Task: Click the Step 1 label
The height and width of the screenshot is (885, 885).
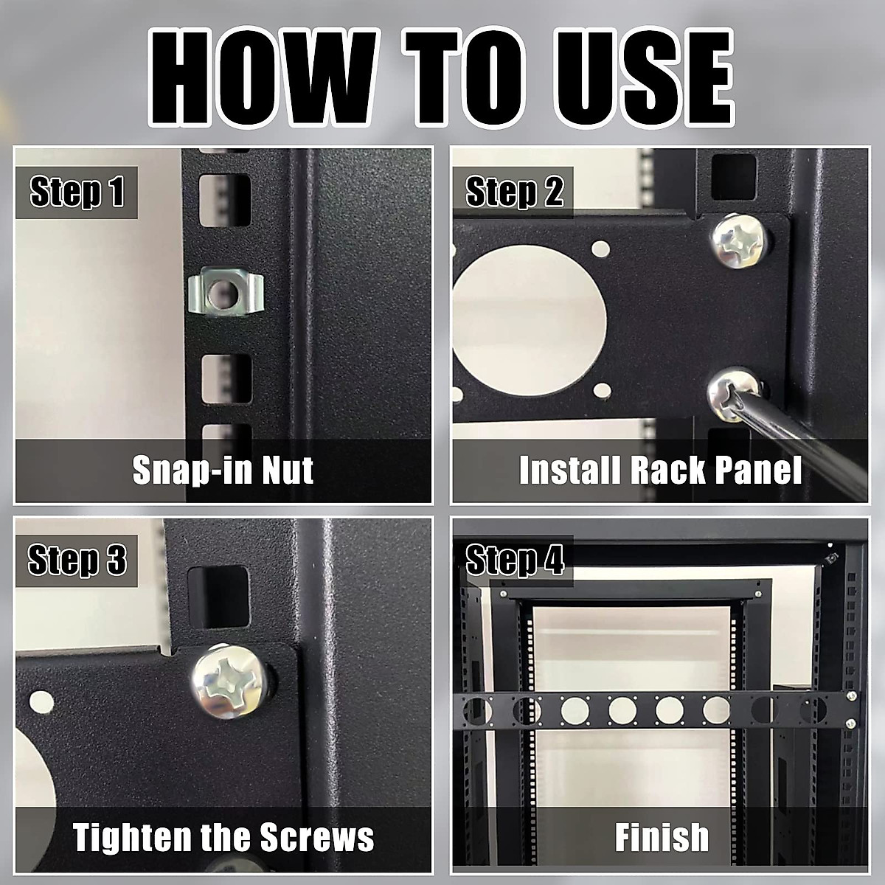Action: tap(77, 192)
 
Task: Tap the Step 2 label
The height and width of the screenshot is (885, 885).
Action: tap(514, 192)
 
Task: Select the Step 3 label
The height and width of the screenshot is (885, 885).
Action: tap(77, 560)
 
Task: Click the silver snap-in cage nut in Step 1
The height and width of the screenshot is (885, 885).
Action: tap(226, 293)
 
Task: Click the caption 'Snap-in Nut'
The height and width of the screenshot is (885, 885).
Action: tap(223, 470)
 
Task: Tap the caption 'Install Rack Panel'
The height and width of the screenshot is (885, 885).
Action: tap(660, 470)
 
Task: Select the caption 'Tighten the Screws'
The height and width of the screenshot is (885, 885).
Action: tap(223, 837)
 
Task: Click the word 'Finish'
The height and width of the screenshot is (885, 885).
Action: tap(662, 837)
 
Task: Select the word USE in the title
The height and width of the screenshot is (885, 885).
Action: tap(643, 77)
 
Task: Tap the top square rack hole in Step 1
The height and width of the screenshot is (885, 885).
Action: tap(225, 201)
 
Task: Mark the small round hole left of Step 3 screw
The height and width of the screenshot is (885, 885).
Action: tap(41, 703)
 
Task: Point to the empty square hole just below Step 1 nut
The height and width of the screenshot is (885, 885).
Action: tap(226, 379)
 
